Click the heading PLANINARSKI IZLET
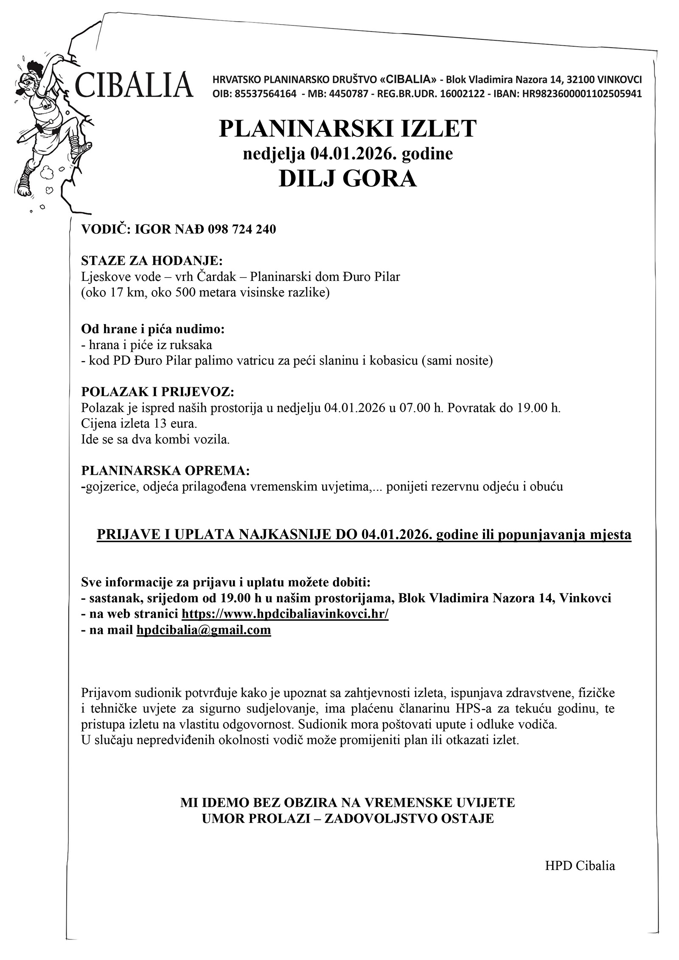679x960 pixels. pyautogui.click(x=348, y=128)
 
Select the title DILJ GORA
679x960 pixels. pyautogui.click(x=348, y=179)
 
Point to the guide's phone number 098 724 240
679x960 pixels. pyautogui.click(x=242, y=230)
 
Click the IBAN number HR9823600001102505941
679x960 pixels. pyautogui.click(x=582, y=94)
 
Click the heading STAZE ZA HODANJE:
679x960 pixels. pyautogui.click(x=152, y=260)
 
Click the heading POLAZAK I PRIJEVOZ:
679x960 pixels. pyautogui.click(x=157, y=390)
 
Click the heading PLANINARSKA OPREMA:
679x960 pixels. pyautogui.click(x=166, y=470)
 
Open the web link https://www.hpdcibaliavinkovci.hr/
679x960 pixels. pyautogui.click(x=285, y=614)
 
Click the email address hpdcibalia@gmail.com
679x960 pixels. pyautogui.click(x=203, y=630)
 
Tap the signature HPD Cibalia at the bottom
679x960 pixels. pyautogui.click(x=580, y=865)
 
